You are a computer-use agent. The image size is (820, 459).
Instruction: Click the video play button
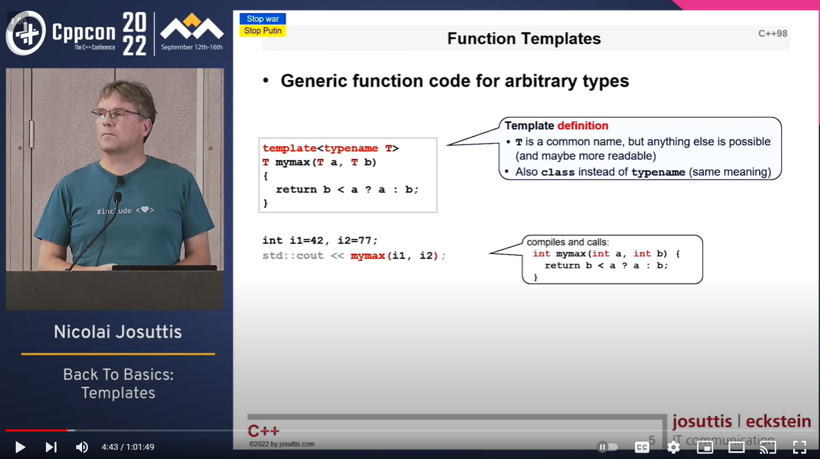point(20,447)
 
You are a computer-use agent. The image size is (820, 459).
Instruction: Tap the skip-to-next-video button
point(51,447)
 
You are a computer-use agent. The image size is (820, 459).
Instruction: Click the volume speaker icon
point(81,447)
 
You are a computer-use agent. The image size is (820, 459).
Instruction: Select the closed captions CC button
point(641,447)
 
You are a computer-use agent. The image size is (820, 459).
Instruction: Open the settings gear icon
point(673,447)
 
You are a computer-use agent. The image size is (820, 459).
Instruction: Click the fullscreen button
point(799,447)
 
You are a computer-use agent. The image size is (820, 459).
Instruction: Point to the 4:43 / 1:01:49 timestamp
point(128,447)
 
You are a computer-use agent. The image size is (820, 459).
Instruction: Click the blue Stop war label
point(263,19)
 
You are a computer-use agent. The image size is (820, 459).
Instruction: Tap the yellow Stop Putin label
point(263,31)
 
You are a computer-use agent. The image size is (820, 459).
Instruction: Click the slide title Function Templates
point(524,39)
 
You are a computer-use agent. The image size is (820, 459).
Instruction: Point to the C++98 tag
point(773,33)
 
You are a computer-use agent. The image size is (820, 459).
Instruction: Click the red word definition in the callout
point(583,125)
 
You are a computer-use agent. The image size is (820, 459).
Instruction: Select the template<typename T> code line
point(330,148)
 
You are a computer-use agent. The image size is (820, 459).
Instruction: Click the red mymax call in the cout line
point(368,255)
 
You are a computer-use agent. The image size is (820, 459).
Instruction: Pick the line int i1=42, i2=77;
point(320,240)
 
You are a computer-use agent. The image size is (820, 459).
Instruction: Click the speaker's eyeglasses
point(117,114)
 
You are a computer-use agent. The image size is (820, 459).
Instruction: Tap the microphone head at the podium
point(118,197)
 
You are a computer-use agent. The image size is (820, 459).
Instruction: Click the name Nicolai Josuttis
point(118,332)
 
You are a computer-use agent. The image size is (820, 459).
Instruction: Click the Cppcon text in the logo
point(85,32)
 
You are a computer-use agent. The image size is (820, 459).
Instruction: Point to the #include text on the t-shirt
point(114,211)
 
